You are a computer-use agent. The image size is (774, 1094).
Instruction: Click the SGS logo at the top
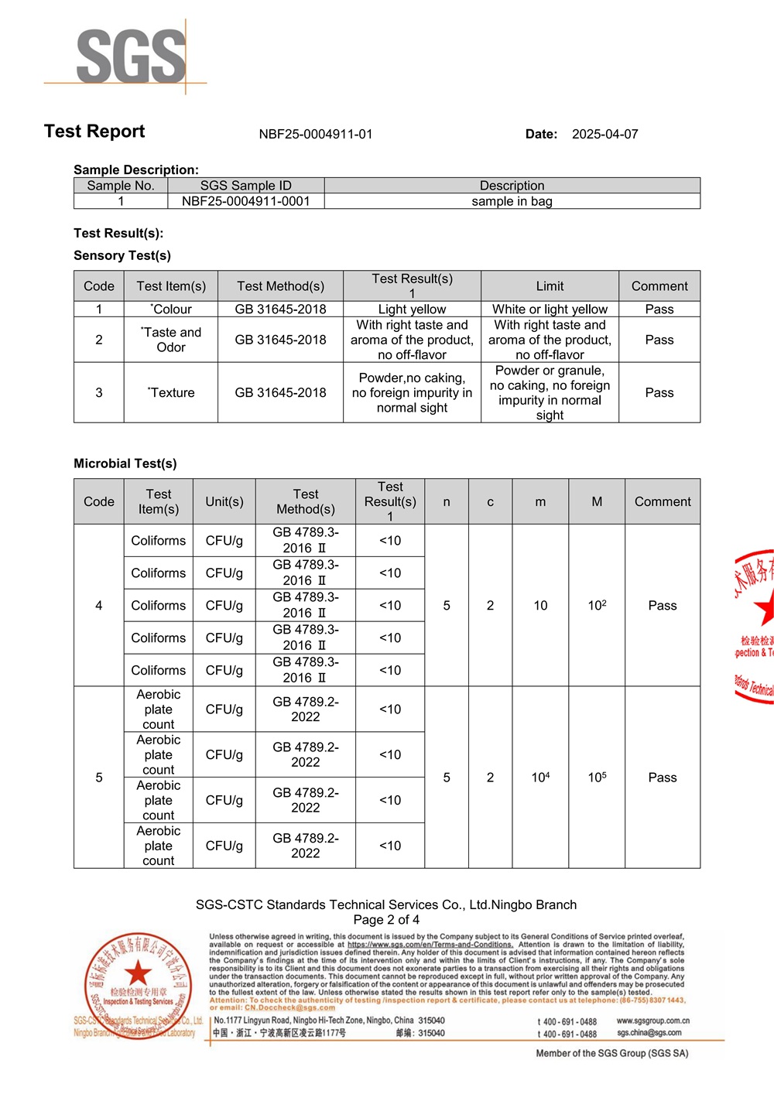click(x=131, y=56)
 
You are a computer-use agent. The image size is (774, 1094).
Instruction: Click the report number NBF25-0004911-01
click(x=316, y=134)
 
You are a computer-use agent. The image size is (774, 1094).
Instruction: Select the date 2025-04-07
click(x=604, y=134)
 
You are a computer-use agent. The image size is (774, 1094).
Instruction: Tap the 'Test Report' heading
click(x=94, y=132)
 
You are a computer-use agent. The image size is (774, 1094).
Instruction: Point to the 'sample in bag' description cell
click(x=512, y=201)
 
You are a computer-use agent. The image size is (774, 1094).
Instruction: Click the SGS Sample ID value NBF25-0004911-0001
click(x=245, y=201)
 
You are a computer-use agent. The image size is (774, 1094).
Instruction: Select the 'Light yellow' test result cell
click(x=412, y=309)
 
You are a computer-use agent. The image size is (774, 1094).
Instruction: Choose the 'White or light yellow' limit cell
click(x=550, y=309)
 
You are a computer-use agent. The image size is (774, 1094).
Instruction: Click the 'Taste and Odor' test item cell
click(x=171, y=340)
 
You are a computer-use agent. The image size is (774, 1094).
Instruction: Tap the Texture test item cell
click(x=171, y=392)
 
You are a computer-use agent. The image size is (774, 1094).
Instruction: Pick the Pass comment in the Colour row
click(x=659, y=309)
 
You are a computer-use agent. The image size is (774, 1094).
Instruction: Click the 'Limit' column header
click(x=550, y=286)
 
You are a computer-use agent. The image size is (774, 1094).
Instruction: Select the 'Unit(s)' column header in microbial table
click(x=224, y=501)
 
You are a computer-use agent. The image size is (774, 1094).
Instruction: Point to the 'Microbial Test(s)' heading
click(x=125, y=463)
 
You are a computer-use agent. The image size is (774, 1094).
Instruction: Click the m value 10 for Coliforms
click(x=540, y=605)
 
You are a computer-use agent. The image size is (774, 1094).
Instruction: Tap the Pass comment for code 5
click(x=662, y=777)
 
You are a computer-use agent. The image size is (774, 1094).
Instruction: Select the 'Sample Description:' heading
click(x=136, y=169)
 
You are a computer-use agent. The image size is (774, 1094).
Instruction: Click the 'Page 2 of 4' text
click(x=386, y=920)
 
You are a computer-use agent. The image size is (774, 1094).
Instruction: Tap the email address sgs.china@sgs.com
click(x=649, y=1033)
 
